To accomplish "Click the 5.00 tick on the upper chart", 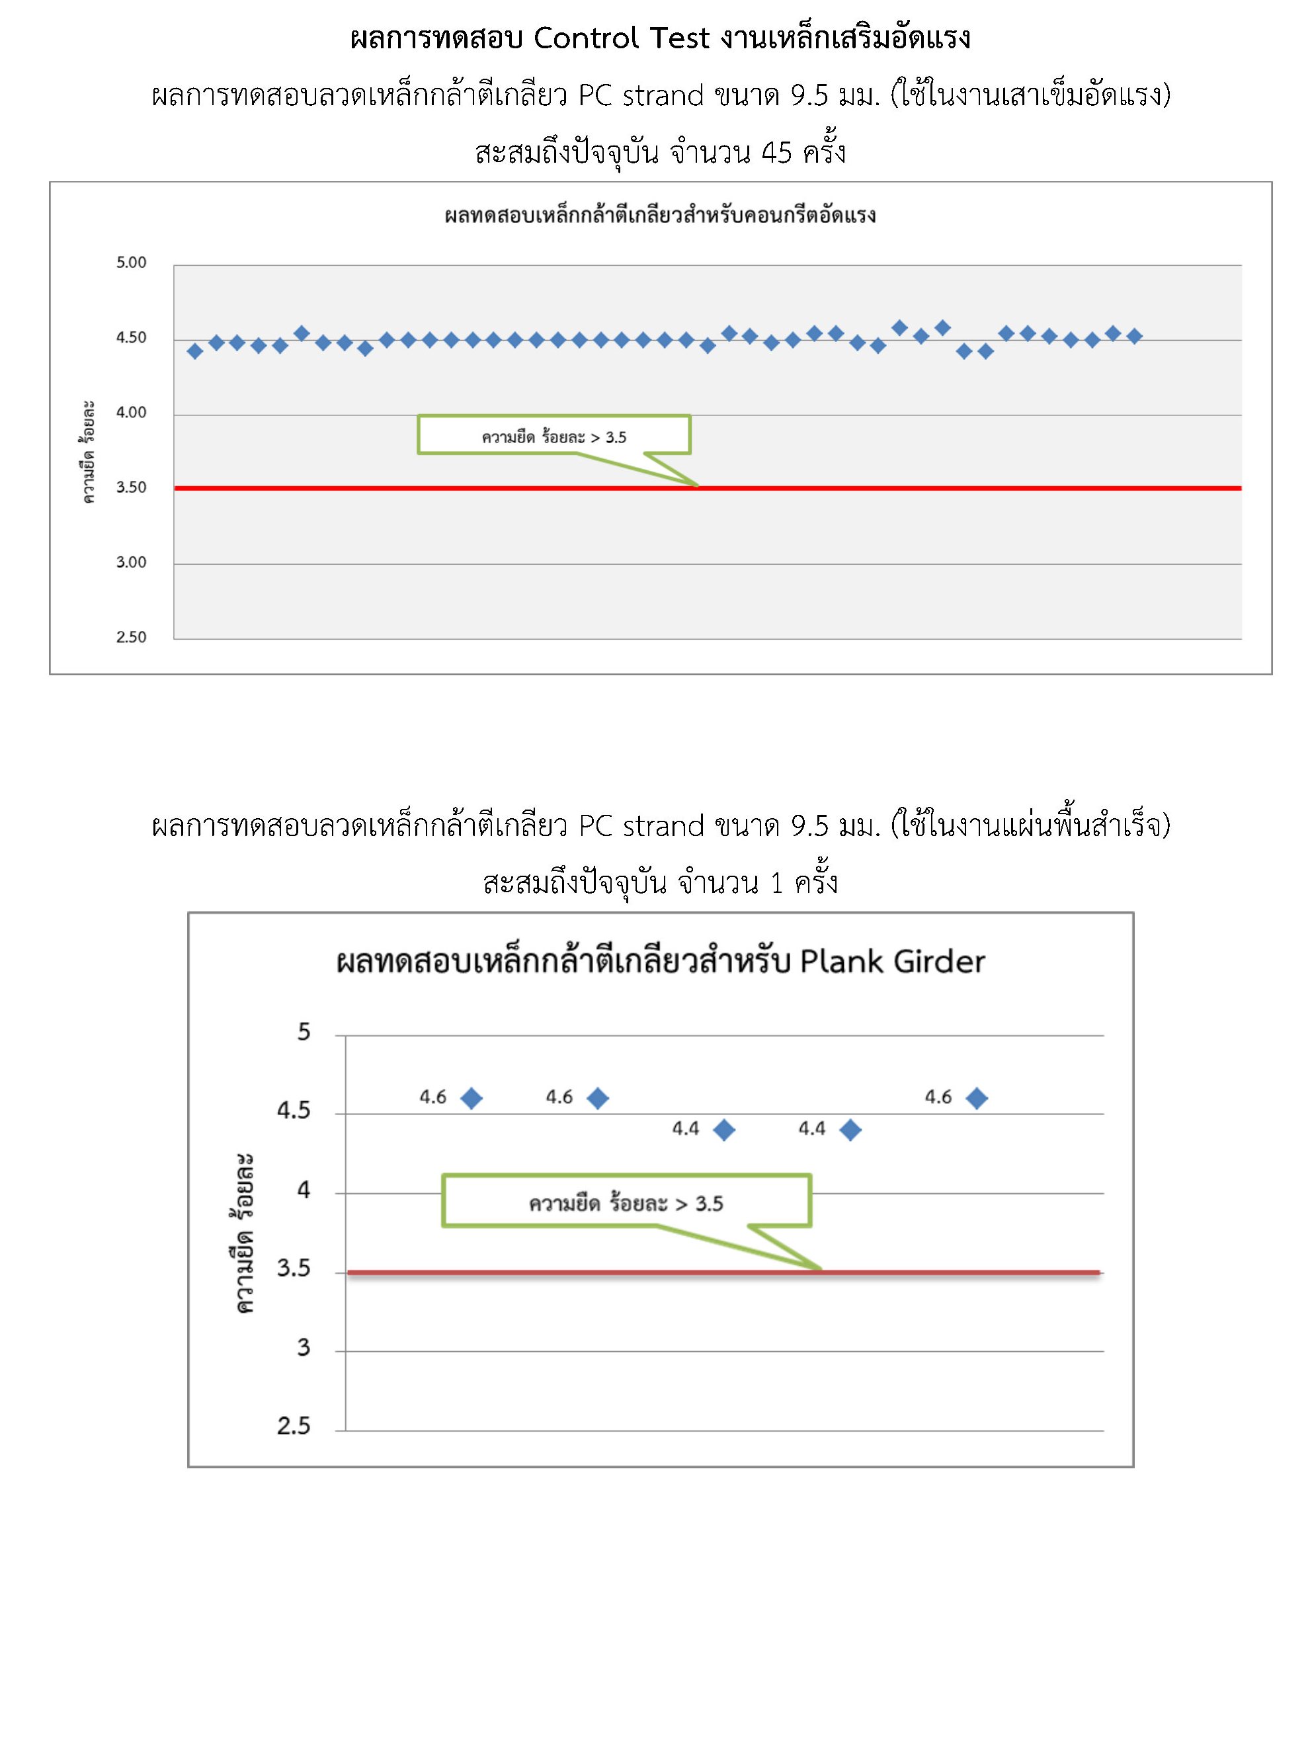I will [131, 263].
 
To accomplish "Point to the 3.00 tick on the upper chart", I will [131, 562].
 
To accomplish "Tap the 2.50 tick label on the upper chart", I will [131, 637].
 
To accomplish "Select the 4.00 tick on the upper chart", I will [131, 412].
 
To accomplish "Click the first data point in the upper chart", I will [195, 351].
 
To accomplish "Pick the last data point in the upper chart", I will [1134, 336].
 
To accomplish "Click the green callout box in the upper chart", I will [553, 435].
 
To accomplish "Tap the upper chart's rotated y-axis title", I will [88, 452].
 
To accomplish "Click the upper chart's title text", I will [660, 216].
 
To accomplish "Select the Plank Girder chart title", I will [660, 961].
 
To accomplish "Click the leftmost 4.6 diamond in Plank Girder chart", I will [471, 1099].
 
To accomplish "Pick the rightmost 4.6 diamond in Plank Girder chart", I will [977, 1099].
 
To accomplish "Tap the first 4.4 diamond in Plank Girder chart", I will [724, 1130].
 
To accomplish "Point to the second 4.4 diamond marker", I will [850, 1130].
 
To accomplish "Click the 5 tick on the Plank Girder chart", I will [304, 1032].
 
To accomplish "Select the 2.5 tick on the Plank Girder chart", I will [294, 1427].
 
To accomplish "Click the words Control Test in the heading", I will [621, 38].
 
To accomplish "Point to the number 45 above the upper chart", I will [776, 151].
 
